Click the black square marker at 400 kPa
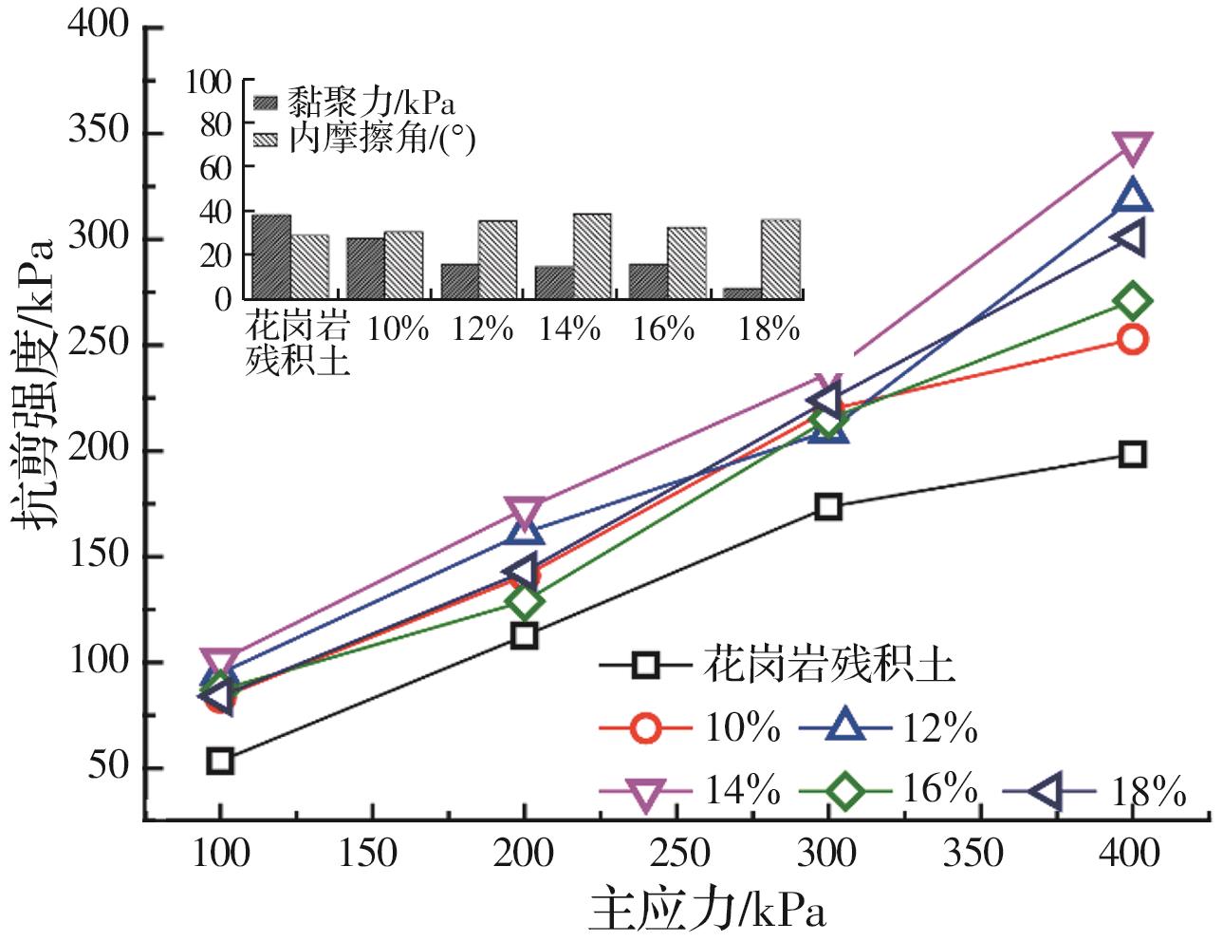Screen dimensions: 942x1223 tap(1131, 454)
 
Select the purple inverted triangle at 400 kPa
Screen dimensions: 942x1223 tap(1132, 148)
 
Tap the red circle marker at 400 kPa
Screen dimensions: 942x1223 tap(1132, 339)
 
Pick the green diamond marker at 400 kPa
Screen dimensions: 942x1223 tap(1132, 301)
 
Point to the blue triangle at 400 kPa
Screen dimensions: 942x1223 tap(1132, 197)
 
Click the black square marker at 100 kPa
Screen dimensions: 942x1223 tap(220, 760)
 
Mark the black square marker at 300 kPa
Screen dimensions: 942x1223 tap(828, 506)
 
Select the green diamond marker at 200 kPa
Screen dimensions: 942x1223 tap(524, 601)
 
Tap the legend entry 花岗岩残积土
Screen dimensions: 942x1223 tap(778, 664)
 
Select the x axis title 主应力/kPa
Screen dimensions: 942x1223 tap(708, 910)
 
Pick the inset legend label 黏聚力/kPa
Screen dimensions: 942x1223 tap(371, 103)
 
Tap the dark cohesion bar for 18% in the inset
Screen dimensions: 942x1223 tap(742, 293)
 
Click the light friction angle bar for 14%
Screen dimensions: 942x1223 tap(592, 255)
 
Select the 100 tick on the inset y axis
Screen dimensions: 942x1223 tap(209, 82)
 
